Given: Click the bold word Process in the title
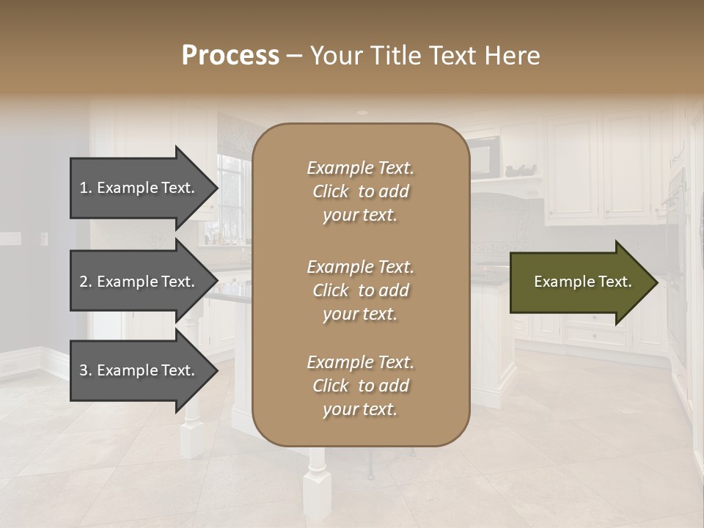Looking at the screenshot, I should tap(230, 56).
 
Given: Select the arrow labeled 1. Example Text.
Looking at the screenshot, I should tap(139, 188).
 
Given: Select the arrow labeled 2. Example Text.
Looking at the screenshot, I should tap(139, 282).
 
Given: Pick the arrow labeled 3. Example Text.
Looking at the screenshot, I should tap(139, 370).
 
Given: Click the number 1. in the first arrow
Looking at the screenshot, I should tap(86, 188).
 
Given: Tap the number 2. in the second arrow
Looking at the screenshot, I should tap(86, 282).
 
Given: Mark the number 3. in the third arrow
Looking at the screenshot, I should tap(86, 370).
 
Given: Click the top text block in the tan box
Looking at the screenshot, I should tap(360, 191).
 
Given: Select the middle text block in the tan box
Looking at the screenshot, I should tap(360, 290).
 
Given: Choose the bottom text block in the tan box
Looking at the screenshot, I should tap(360, 386).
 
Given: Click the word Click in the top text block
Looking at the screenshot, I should tap(331, 191).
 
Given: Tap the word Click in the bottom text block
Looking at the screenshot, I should tap(331, 386).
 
